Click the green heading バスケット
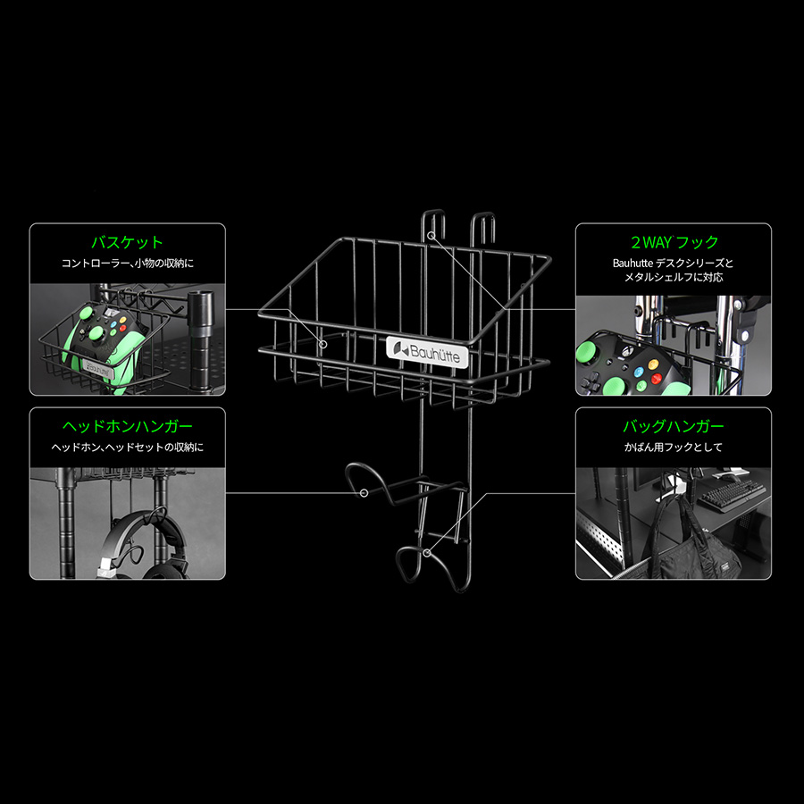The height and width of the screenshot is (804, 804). (127, 242)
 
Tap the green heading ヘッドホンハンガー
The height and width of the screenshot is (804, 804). (127, 426)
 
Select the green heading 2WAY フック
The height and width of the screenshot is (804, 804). (674, 242)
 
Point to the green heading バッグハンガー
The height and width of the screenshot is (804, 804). (674, 426)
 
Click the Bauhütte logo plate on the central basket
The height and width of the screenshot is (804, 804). (427, 352)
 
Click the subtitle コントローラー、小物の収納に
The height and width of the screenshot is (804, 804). (128, 264)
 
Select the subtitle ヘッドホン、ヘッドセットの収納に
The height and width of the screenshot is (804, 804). (127, 448)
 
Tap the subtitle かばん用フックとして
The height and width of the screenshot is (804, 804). (674, 448)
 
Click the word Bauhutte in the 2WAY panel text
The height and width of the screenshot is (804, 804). (632, 264)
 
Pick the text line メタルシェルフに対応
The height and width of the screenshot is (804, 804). (674, 278)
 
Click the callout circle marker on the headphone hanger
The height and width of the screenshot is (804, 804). (364, 493)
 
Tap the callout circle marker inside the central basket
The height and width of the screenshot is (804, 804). (323, 344)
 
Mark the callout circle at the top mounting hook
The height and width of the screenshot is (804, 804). (431, 235)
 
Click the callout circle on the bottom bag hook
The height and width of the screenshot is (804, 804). (427, 552)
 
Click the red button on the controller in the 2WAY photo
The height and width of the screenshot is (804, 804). (656, 379)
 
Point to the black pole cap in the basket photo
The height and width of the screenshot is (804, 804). (200, 306)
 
